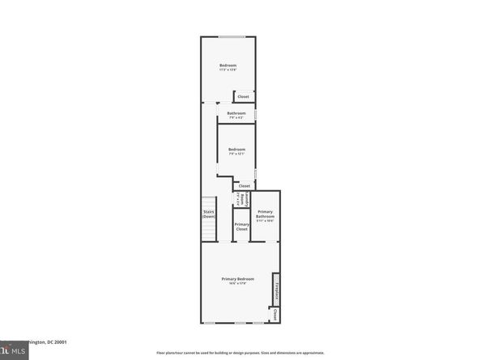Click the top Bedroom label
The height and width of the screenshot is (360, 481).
tap(228, 65)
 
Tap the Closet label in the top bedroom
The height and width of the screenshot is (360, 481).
tap(243, 97)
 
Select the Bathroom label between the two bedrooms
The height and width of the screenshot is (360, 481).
tap(236, 113)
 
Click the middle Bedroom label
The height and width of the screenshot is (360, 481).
tap(236, 149)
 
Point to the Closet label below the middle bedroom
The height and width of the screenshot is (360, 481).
tap(244, 185)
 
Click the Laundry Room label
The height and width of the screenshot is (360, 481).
tap(238, 199)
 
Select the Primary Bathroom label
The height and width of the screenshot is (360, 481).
tap(265, 214)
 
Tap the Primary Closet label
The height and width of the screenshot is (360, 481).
tap(241, 227)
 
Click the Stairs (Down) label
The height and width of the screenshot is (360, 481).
tap(208, 214)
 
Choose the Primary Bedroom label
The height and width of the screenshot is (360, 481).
tap(238, 279)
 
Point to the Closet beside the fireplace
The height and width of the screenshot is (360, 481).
tap(276, 314)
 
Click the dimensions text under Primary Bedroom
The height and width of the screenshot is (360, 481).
tap(238, 284)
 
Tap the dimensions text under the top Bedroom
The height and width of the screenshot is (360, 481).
tap(228, 70)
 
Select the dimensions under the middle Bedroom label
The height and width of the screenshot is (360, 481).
tap(236, 154)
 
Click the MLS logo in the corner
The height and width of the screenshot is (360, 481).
tap(11, 352)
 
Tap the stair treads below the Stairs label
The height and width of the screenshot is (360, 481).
tap(208, 231)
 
